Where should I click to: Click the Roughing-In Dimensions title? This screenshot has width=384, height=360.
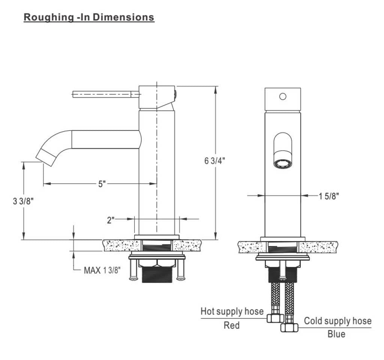point(89,17)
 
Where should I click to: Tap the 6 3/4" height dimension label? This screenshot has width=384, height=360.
point(215,161)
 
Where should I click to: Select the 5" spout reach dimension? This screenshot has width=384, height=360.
point(102,184)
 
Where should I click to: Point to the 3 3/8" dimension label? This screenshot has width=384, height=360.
point(23,201)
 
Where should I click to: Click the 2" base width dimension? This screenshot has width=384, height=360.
point(111,220)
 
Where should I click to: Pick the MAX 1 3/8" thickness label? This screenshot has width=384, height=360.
point(102,270)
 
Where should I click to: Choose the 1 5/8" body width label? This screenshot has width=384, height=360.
point(328,196)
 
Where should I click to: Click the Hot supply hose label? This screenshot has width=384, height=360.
point(232,311)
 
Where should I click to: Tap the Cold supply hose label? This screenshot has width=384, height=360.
point(338,321)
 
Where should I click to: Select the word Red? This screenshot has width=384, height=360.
point(231,325)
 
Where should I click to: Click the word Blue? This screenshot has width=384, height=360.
point(336,334)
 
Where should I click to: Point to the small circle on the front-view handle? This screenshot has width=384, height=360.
point(283,96)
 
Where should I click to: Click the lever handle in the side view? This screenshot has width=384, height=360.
point(106,94)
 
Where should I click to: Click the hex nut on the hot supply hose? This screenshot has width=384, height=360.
point(275,318)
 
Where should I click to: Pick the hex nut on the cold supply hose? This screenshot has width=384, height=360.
point(289,327)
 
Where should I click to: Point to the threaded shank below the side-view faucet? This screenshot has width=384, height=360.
point(157,274)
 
